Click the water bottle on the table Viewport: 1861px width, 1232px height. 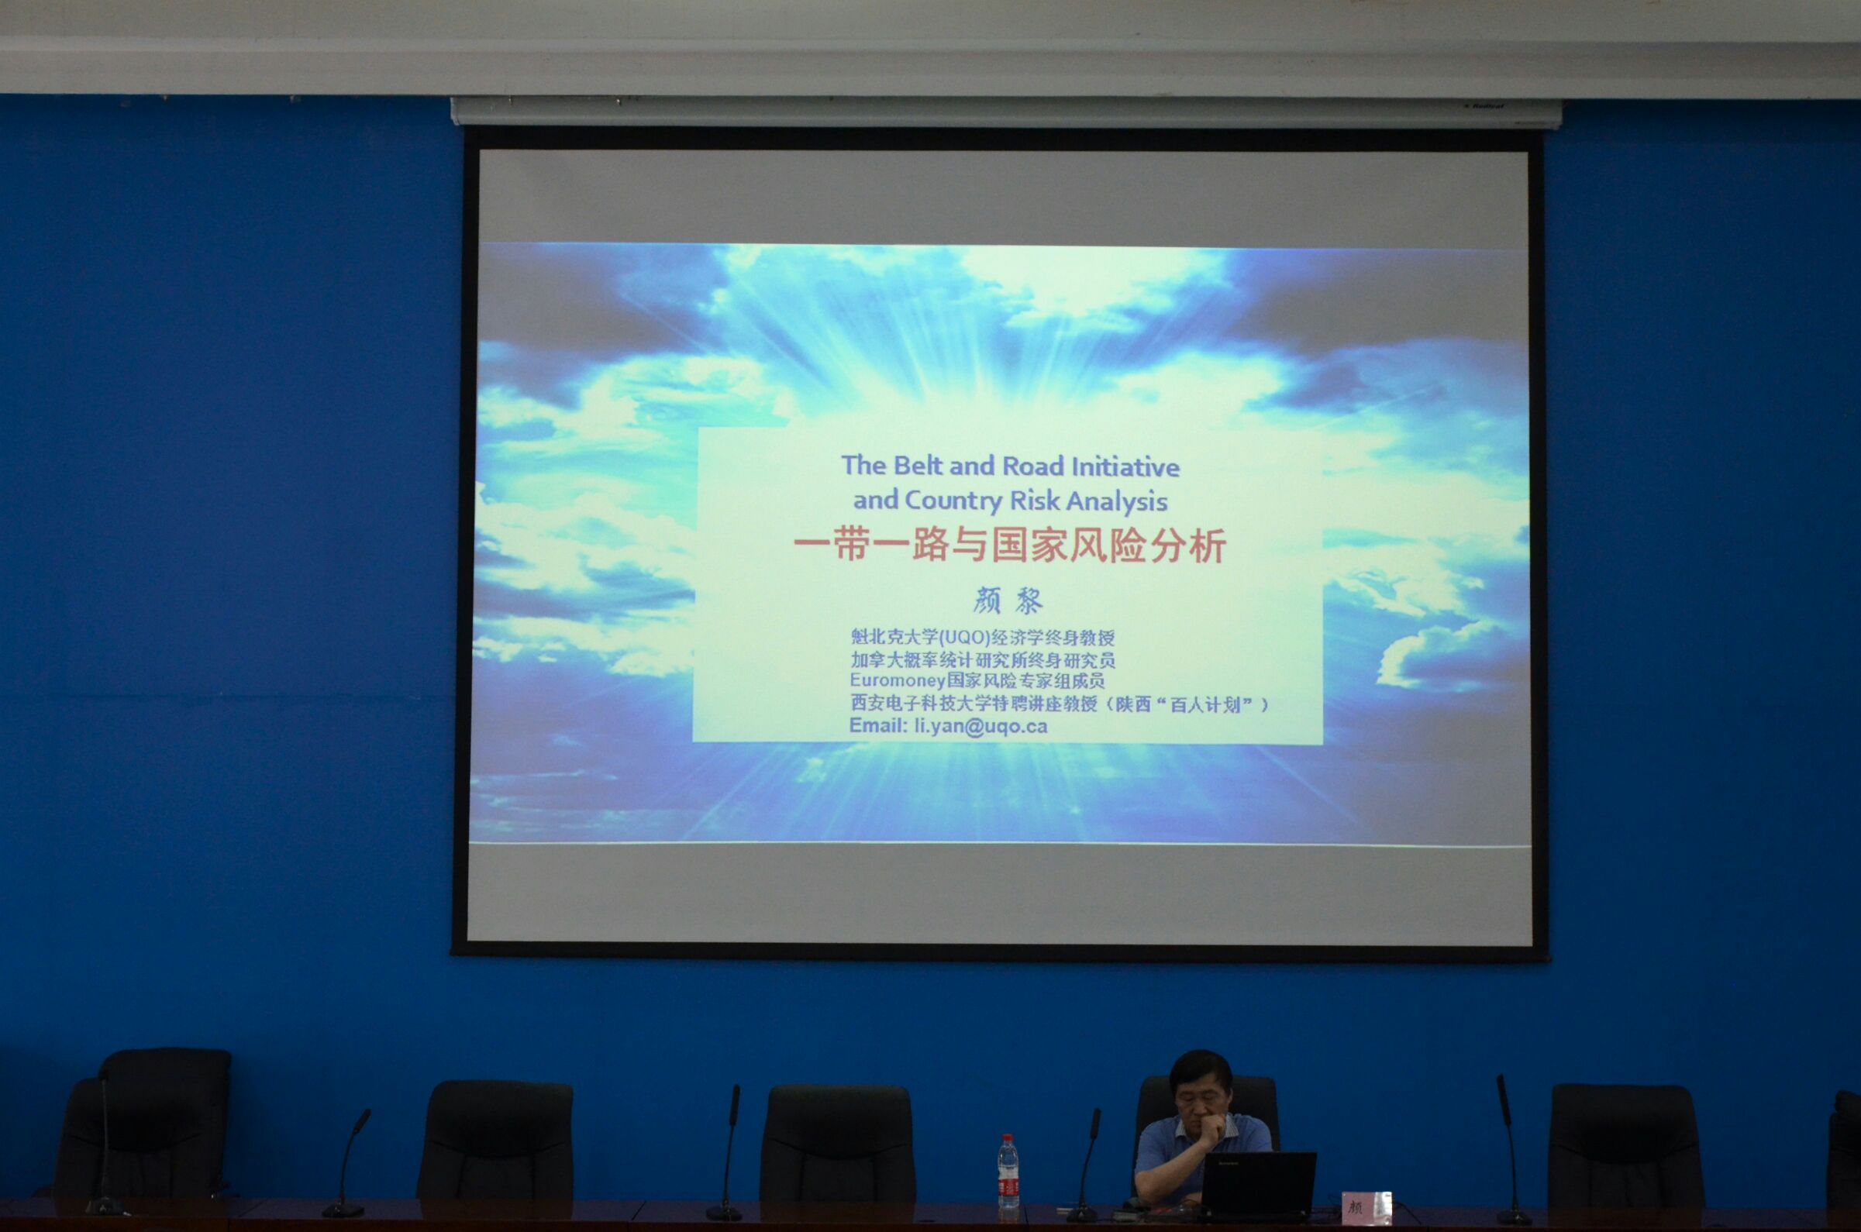tap(1008, 1177)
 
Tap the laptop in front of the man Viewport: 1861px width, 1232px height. tap(1256, 1186)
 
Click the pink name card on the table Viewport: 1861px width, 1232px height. tap(1366, 1207)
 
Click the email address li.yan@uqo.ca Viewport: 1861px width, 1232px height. tap(980, 726)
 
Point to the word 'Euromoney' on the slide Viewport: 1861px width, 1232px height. tap(897, 680)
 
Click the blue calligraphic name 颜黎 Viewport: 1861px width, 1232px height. tap(1008, 601)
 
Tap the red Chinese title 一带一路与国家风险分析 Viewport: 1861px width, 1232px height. tap(1010, 546)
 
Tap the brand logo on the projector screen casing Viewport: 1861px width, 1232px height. tap(1483, 105)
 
